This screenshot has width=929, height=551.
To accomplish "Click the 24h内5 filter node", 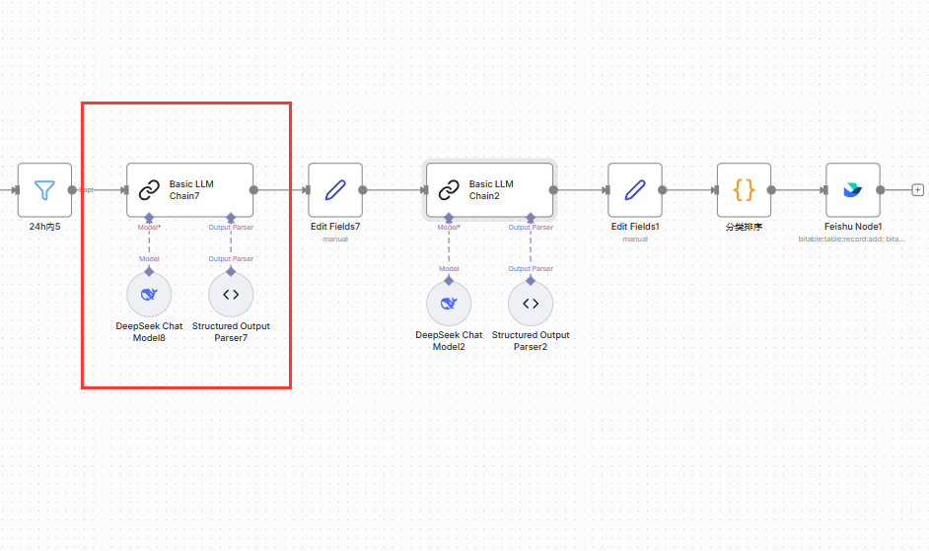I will pyautogui.click(x=44, y=189).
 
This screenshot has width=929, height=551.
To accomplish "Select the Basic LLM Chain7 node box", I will pyautogui.click(x=189, y=189).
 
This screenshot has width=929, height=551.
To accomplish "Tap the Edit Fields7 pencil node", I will pyautogui.click(x=335, y=189).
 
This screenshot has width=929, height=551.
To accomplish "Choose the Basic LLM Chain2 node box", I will pyautogui.click(x=489, y=189).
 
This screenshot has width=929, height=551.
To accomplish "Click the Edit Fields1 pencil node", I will pyautogui.click(x=635, y=189).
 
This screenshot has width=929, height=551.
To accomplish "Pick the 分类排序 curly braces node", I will pyautogui.click(x=744, y=189).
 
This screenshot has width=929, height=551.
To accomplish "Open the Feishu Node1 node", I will pyautogui.click(x=852, y=189).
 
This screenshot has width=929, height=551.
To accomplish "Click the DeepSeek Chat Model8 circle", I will pyautogui.click(x=149, y=294).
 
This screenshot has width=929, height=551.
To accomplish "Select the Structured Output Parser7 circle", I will pyautogui.click(x=231, y=294).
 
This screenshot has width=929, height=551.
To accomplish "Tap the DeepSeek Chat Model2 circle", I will pyautogui.click(x=449, y=303).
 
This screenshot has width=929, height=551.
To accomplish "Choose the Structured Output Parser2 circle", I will pyautogui.click(x=531, y=303).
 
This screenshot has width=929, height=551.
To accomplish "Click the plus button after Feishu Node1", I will pyautogui.click(x=917, y=189).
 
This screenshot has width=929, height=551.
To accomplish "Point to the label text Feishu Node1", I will pyautogui.click(x=852, y=226).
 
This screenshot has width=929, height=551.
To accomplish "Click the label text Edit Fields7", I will pyautogui.click(x=335, y=226).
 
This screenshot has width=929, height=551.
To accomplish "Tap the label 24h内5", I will pyautogui.click(x=44, y=226).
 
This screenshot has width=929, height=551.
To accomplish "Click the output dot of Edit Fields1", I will pyautogui.click(x=663, y=189).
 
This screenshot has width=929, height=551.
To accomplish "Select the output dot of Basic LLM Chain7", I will pyautogui.click(x=254, y=189).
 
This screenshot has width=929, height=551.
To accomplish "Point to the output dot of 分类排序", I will pyautogui.click(x=771, y=189).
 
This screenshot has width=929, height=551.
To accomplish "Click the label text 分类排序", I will pyautogui.click(x=744, y=226).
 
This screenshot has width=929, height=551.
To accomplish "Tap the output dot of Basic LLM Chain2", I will pyautogui.click(x=554, y=189).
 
